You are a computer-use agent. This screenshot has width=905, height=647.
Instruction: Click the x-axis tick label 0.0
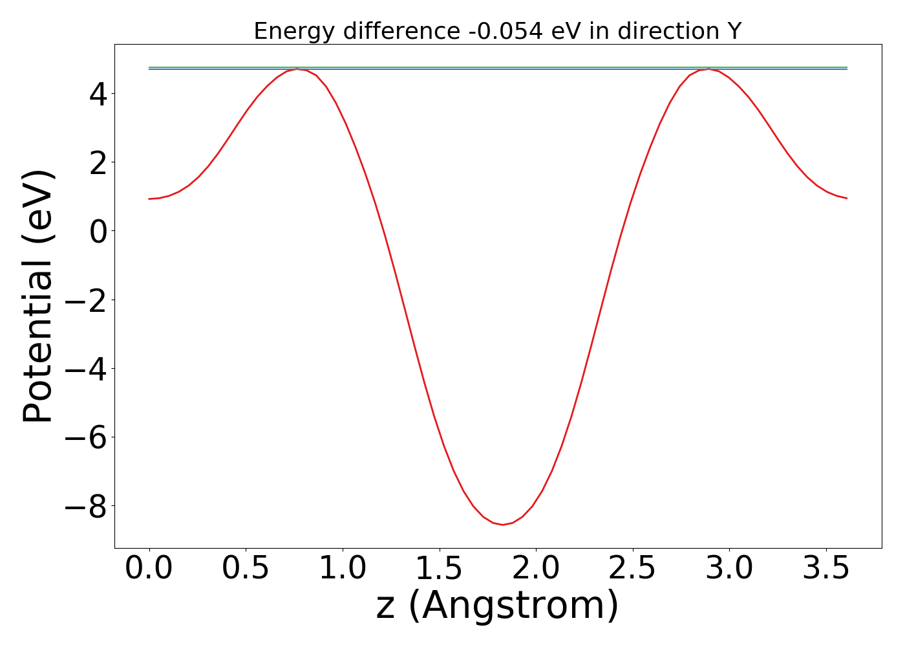point(149,569)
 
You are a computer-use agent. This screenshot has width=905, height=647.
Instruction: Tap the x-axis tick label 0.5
point(246,569)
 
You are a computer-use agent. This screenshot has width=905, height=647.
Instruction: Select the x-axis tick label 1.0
point(343,569)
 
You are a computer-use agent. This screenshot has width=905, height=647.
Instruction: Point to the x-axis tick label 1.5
point(440,569)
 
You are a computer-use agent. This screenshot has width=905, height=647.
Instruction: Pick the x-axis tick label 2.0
point(536,569)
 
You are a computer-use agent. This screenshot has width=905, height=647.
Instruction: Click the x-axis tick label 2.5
point(633,569)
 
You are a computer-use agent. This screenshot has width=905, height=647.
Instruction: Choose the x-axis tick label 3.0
point(729,569)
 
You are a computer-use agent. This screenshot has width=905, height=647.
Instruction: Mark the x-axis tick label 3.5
point(826,569)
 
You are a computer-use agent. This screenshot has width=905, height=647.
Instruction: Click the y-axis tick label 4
point(99,94)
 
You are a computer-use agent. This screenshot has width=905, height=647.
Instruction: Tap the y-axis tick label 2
point(99,162)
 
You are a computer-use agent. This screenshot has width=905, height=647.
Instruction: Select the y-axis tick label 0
point(99,231)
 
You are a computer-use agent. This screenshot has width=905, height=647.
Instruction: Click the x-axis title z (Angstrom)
point(497,606)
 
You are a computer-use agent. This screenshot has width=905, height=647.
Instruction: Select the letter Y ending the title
point(734,31)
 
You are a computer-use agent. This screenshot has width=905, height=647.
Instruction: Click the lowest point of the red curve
point(503,524)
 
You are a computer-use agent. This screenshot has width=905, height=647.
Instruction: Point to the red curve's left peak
point(297,69)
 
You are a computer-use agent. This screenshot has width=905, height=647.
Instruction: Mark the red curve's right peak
point(709,69)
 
